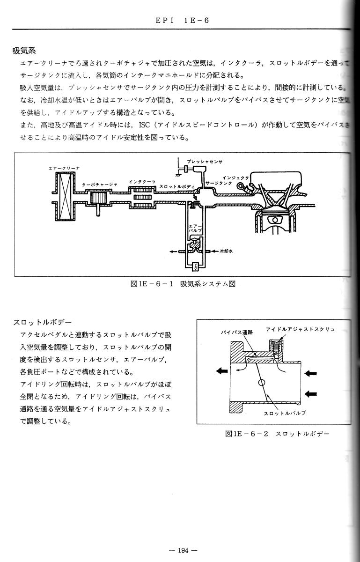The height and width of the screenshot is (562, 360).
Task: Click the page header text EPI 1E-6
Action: coord(180,21)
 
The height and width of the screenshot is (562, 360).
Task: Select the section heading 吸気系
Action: coord(24,50)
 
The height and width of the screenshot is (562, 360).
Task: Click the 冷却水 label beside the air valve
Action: coord(226,251)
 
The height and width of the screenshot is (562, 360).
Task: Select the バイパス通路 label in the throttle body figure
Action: coord(236,331)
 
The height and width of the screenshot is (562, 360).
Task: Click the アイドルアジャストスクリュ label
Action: coord(300,329)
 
